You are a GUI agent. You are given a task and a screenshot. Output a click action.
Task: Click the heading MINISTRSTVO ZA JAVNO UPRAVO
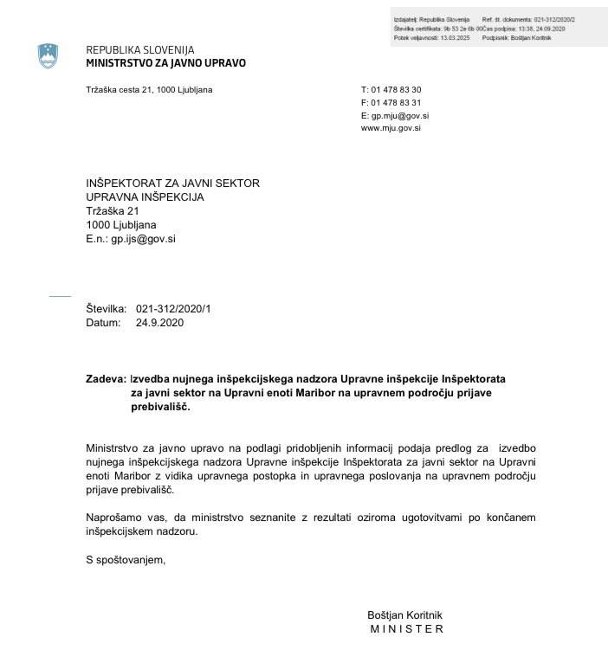[x=165, y=63]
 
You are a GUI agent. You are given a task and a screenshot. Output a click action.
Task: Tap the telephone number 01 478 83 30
[x=396, y=90]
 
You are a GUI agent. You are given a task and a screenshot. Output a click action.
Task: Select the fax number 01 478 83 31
[x=396, y=102]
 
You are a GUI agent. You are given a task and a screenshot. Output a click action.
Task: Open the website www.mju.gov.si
[x=391, y=127]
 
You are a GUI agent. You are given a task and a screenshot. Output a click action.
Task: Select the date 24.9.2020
[x=159, y=323]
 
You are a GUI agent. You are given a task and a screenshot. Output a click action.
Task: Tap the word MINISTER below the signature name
[x=406, y=629]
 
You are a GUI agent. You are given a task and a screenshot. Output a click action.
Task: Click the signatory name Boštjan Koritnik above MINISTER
[x=404, y=614]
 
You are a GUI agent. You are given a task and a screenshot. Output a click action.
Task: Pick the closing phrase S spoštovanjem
[x=125, y=559]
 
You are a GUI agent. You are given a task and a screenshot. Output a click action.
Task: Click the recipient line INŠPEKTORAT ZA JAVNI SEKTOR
[x=172, y=183]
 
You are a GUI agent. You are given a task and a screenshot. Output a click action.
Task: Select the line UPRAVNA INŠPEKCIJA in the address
[x=145, y=196]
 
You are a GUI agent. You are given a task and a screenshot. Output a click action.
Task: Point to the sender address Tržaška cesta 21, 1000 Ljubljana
[x=149, y=90]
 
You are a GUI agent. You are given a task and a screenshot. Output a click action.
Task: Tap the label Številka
[x=106, y=309]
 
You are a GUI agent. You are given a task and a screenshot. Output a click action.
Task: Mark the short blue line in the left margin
[x=60, y=296]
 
